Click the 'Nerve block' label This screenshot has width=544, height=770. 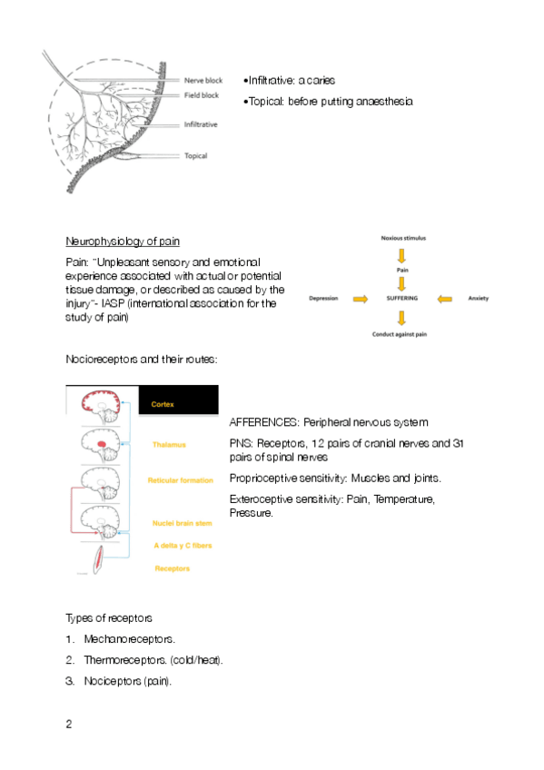[203, 81]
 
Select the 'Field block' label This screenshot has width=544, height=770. [202, 95]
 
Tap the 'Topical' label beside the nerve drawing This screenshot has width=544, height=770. [195, 155]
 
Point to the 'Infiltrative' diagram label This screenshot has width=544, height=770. [201, 124]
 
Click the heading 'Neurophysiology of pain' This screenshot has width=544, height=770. [123, 242]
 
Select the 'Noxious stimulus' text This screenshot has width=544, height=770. [403, 238]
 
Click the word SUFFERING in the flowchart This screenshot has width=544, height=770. [402, 298]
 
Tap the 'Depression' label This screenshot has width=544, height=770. [323, 298]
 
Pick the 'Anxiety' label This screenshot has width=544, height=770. [479, 298]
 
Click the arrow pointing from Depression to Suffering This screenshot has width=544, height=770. [361, 299]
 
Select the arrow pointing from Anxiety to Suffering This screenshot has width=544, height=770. [444, 299]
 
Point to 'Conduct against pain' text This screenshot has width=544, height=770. [400, 334]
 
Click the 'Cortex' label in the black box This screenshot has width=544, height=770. [163, 404]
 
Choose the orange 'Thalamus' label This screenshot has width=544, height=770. [169, 444]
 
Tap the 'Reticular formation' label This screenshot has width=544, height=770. [180, 480]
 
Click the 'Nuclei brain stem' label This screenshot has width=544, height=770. [183, 523]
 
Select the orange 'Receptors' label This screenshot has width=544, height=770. [172, 568]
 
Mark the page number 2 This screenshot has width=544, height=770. [69, 724]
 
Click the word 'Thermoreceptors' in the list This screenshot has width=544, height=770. [124, 660]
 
